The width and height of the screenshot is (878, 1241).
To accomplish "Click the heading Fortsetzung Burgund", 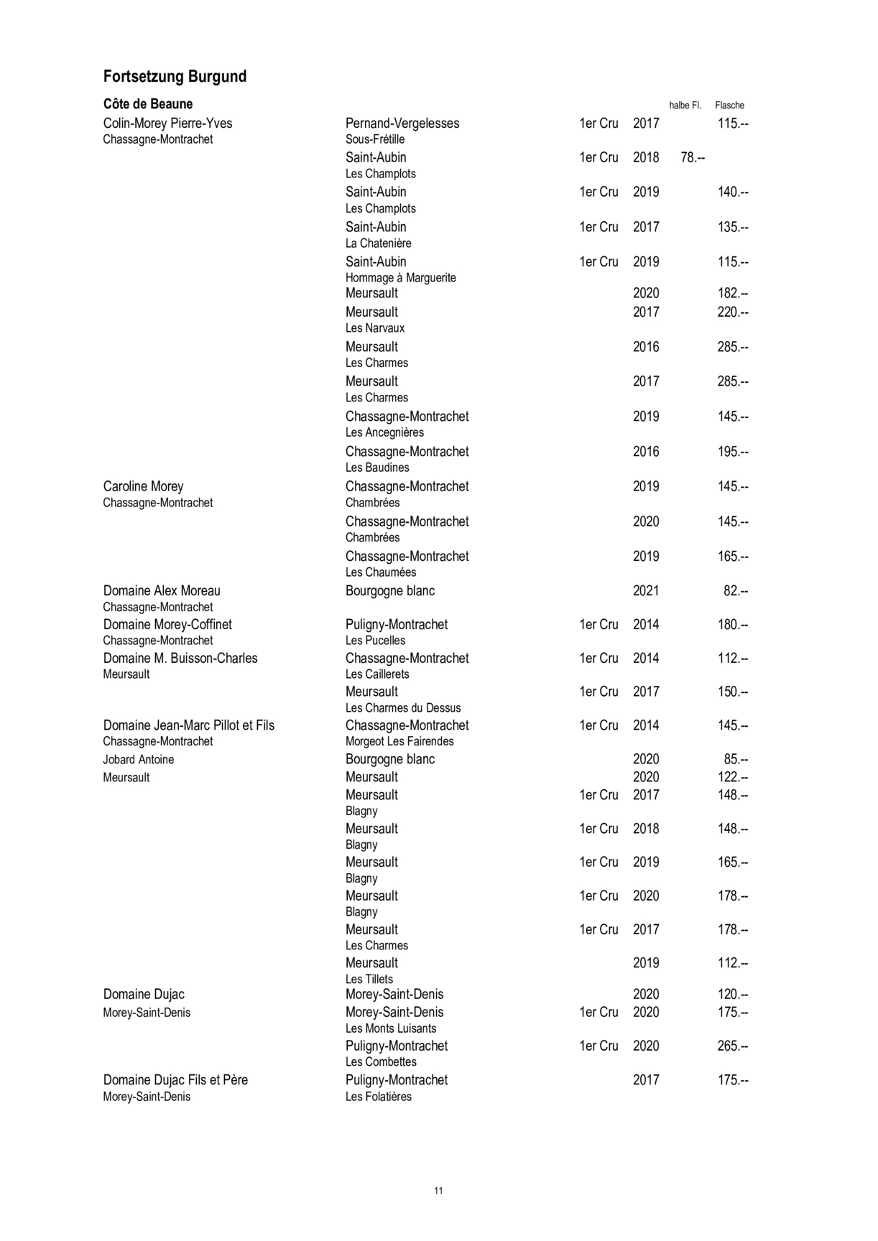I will (x=175, y=77).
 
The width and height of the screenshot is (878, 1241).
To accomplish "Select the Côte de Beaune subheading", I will (x=148, y=104).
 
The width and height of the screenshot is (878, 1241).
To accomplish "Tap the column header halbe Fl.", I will (x=685, y=106).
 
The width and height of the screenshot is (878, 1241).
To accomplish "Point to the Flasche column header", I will (x=729, y=106).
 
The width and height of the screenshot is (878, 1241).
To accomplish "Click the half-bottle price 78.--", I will (x=692, y=157).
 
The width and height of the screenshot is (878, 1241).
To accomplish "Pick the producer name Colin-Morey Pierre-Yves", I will (x=167, y=124).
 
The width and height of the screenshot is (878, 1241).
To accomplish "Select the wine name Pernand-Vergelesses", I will (x=402, y=124).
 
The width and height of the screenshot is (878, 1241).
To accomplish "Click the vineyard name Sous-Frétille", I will (x=375, y=139).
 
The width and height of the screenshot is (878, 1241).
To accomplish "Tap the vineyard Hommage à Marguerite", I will (x=400, y=278).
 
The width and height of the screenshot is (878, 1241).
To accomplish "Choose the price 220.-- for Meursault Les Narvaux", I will (x=732, y=312).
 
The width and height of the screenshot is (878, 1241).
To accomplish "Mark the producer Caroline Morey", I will (x=143, y=486).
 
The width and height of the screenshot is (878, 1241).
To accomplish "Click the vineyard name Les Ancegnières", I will (x=384, y=432).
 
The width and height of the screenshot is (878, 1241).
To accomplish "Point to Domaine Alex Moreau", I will (x=162, y=591).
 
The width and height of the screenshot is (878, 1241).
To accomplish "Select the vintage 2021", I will (x=645, y=591).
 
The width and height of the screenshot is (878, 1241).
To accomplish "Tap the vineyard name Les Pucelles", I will (x=375, y=641).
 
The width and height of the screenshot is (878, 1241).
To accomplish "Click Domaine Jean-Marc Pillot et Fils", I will (x=188, y=725).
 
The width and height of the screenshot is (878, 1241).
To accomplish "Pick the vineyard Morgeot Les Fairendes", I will (x=399, y=741).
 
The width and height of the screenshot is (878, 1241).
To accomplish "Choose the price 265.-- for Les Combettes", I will (x=732, y=1046).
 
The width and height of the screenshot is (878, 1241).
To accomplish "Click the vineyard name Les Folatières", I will (x=378, y=1097).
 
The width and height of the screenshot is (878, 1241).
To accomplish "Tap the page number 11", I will (x=438, y=1191).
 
